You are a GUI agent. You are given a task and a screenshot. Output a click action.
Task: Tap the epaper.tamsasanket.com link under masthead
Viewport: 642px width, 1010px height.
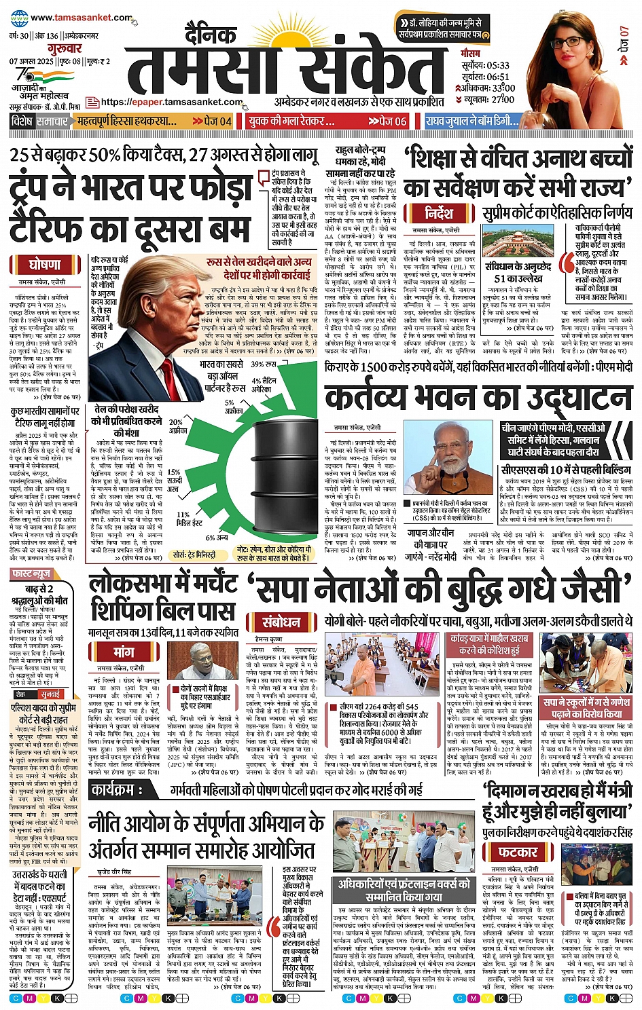tap(172, 102)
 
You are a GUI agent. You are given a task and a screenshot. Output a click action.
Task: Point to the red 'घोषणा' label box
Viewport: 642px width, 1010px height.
tap(46, 265)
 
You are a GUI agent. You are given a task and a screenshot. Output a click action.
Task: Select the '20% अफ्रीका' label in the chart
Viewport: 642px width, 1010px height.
tap(177, 426)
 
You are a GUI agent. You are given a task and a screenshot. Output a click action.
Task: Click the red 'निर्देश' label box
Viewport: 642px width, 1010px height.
tap(440, 213)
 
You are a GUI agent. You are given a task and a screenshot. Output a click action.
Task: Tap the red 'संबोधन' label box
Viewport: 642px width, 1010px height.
tap(282, 622)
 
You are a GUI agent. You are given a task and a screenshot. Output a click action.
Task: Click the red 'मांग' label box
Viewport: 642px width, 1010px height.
tap(124, 652)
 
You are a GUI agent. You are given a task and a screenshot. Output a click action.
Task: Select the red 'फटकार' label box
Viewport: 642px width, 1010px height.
tap(518, 852)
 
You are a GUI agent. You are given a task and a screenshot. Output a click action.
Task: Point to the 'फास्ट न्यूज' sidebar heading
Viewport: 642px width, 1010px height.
tap(32, 574)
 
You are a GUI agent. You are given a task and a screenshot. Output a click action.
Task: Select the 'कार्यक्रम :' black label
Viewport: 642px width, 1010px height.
tap(117, 790)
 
